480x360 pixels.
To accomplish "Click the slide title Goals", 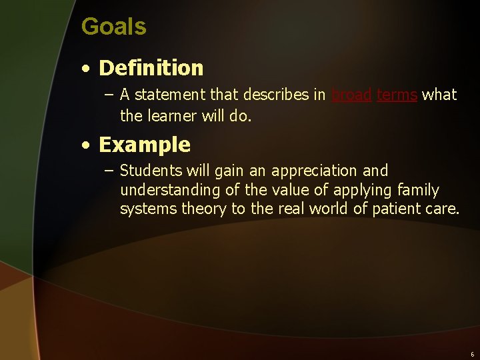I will [113, 27].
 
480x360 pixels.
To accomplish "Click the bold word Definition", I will [151, 68].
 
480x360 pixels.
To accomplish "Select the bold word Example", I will [144, 145].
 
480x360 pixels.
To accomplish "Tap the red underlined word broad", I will [351, 95].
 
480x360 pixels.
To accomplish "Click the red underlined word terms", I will [397, 95].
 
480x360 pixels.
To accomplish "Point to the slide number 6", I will [472, 354].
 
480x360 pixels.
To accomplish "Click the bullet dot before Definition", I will [87, 69].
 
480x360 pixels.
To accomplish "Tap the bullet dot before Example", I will [87, 145].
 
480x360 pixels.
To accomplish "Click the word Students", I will [150, 171].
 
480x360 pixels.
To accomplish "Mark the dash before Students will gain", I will [109, 171].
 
